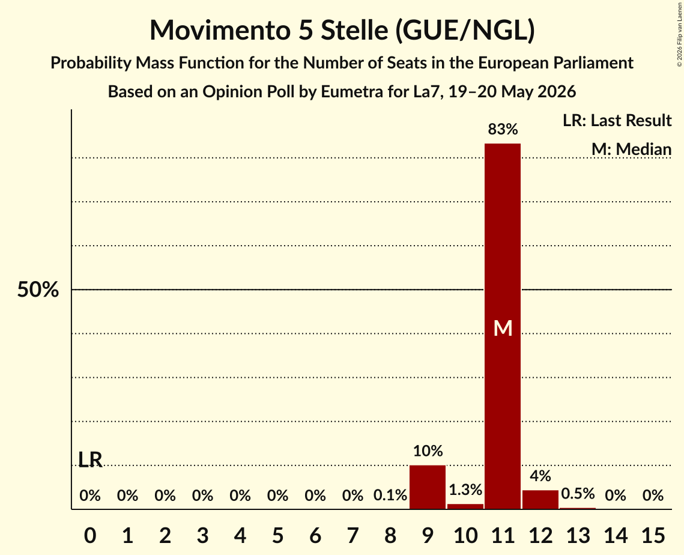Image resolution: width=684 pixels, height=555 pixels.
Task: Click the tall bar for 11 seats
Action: pos(503,326)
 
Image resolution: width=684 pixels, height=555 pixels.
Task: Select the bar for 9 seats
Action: pos(428,487)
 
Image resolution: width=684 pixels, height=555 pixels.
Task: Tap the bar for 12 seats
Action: pos(540,500)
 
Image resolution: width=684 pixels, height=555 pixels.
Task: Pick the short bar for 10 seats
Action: pos(465,506)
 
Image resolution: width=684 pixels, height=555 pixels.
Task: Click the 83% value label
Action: pos(503,129)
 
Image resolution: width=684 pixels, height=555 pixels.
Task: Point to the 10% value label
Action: pos(428,450)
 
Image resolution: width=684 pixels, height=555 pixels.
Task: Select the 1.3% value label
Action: pos(465,490)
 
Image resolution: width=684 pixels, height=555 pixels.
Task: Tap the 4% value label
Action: pos(540,476)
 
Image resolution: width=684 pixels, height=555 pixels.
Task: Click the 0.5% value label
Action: pos(578,494)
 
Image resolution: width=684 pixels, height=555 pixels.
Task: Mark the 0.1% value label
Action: pos(390,495)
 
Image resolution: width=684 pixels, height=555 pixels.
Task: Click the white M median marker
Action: pos(503,328)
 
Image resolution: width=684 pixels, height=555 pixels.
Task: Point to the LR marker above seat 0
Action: pos(90,459)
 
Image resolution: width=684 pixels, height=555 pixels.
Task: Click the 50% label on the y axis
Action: pos(38,290)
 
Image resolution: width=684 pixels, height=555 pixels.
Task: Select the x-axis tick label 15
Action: pos(653,535)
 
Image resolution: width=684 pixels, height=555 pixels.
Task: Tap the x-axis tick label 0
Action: pos(90,535)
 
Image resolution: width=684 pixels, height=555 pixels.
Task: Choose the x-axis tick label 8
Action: pos(390,535)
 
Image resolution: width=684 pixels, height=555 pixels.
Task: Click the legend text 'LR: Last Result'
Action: pos(617,120)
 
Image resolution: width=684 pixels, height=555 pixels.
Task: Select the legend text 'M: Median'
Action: pos(631,149)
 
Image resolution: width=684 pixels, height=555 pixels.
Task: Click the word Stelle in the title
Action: pos(354,30)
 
